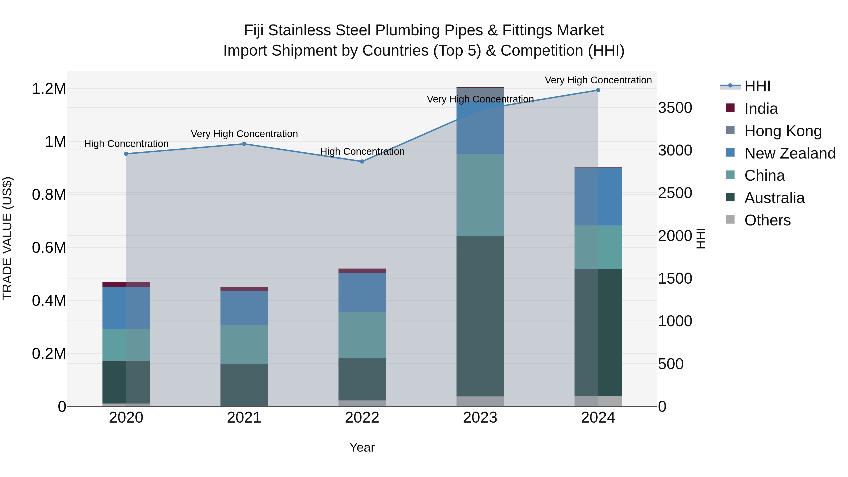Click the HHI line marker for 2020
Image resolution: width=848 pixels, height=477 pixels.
click(x=126, y=154)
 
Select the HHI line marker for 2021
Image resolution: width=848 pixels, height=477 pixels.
click(x=244, y=144)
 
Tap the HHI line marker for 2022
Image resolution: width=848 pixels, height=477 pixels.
click(x=362, y=162)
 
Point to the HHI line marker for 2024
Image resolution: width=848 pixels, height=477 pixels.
click(x=598, y=90)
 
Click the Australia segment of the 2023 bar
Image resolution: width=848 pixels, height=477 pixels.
click(x=480, y=316)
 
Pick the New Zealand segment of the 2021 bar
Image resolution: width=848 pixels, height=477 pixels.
click(x=244, y=308)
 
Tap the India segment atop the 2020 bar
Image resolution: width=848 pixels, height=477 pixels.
click(x=126, y=284)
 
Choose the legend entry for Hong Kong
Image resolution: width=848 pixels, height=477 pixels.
click(x=783, y=131)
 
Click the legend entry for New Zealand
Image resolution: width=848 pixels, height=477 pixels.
click(x=789, y=153)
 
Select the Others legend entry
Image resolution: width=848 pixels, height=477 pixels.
click(x=767, y=220)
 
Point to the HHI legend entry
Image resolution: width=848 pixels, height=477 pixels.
click(x=757, y=86)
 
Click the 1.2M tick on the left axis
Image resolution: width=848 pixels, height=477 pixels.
click(x=49, y=89)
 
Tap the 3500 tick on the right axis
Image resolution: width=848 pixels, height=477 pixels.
click(x=675, y=108)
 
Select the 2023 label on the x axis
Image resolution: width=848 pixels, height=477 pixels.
click(x=480, y=418)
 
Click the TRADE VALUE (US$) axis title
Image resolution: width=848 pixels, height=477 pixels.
click(x=7, y=238)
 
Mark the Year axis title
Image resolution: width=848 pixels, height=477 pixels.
click(x=362, y=447)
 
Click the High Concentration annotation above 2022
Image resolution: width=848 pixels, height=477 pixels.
click(x=362, y=151)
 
